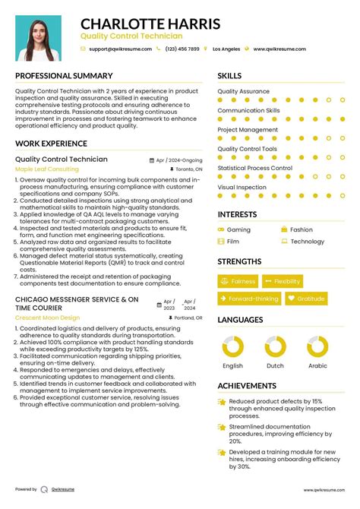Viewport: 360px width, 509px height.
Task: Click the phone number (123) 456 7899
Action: (182, 49)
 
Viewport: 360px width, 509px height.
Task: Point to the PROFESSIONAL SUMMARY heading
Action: (64, 77)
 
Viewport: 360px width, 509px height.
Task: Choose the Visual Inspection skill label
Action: (242, 187)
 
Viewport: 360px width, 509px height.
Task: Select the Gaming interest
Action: (238, 229)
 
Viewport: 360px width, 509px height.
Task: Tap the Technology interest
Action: (307, 242)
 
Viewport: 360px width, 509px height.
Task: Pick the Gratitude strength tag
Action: (306, 299)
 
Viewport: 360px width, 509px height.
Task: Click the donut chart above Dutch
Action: (274, 347)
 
